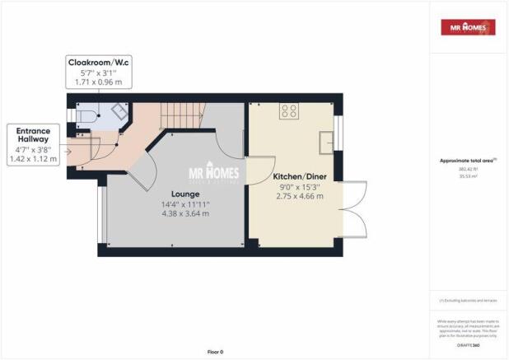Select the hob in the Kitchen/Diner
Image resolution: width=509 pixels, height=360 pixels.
(x=289, y=112)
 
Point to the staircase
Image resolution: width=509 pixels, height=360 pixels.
(x=176, y=119)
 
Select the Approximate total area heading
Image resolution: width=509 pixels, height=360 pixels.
(x=467, y=161)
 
